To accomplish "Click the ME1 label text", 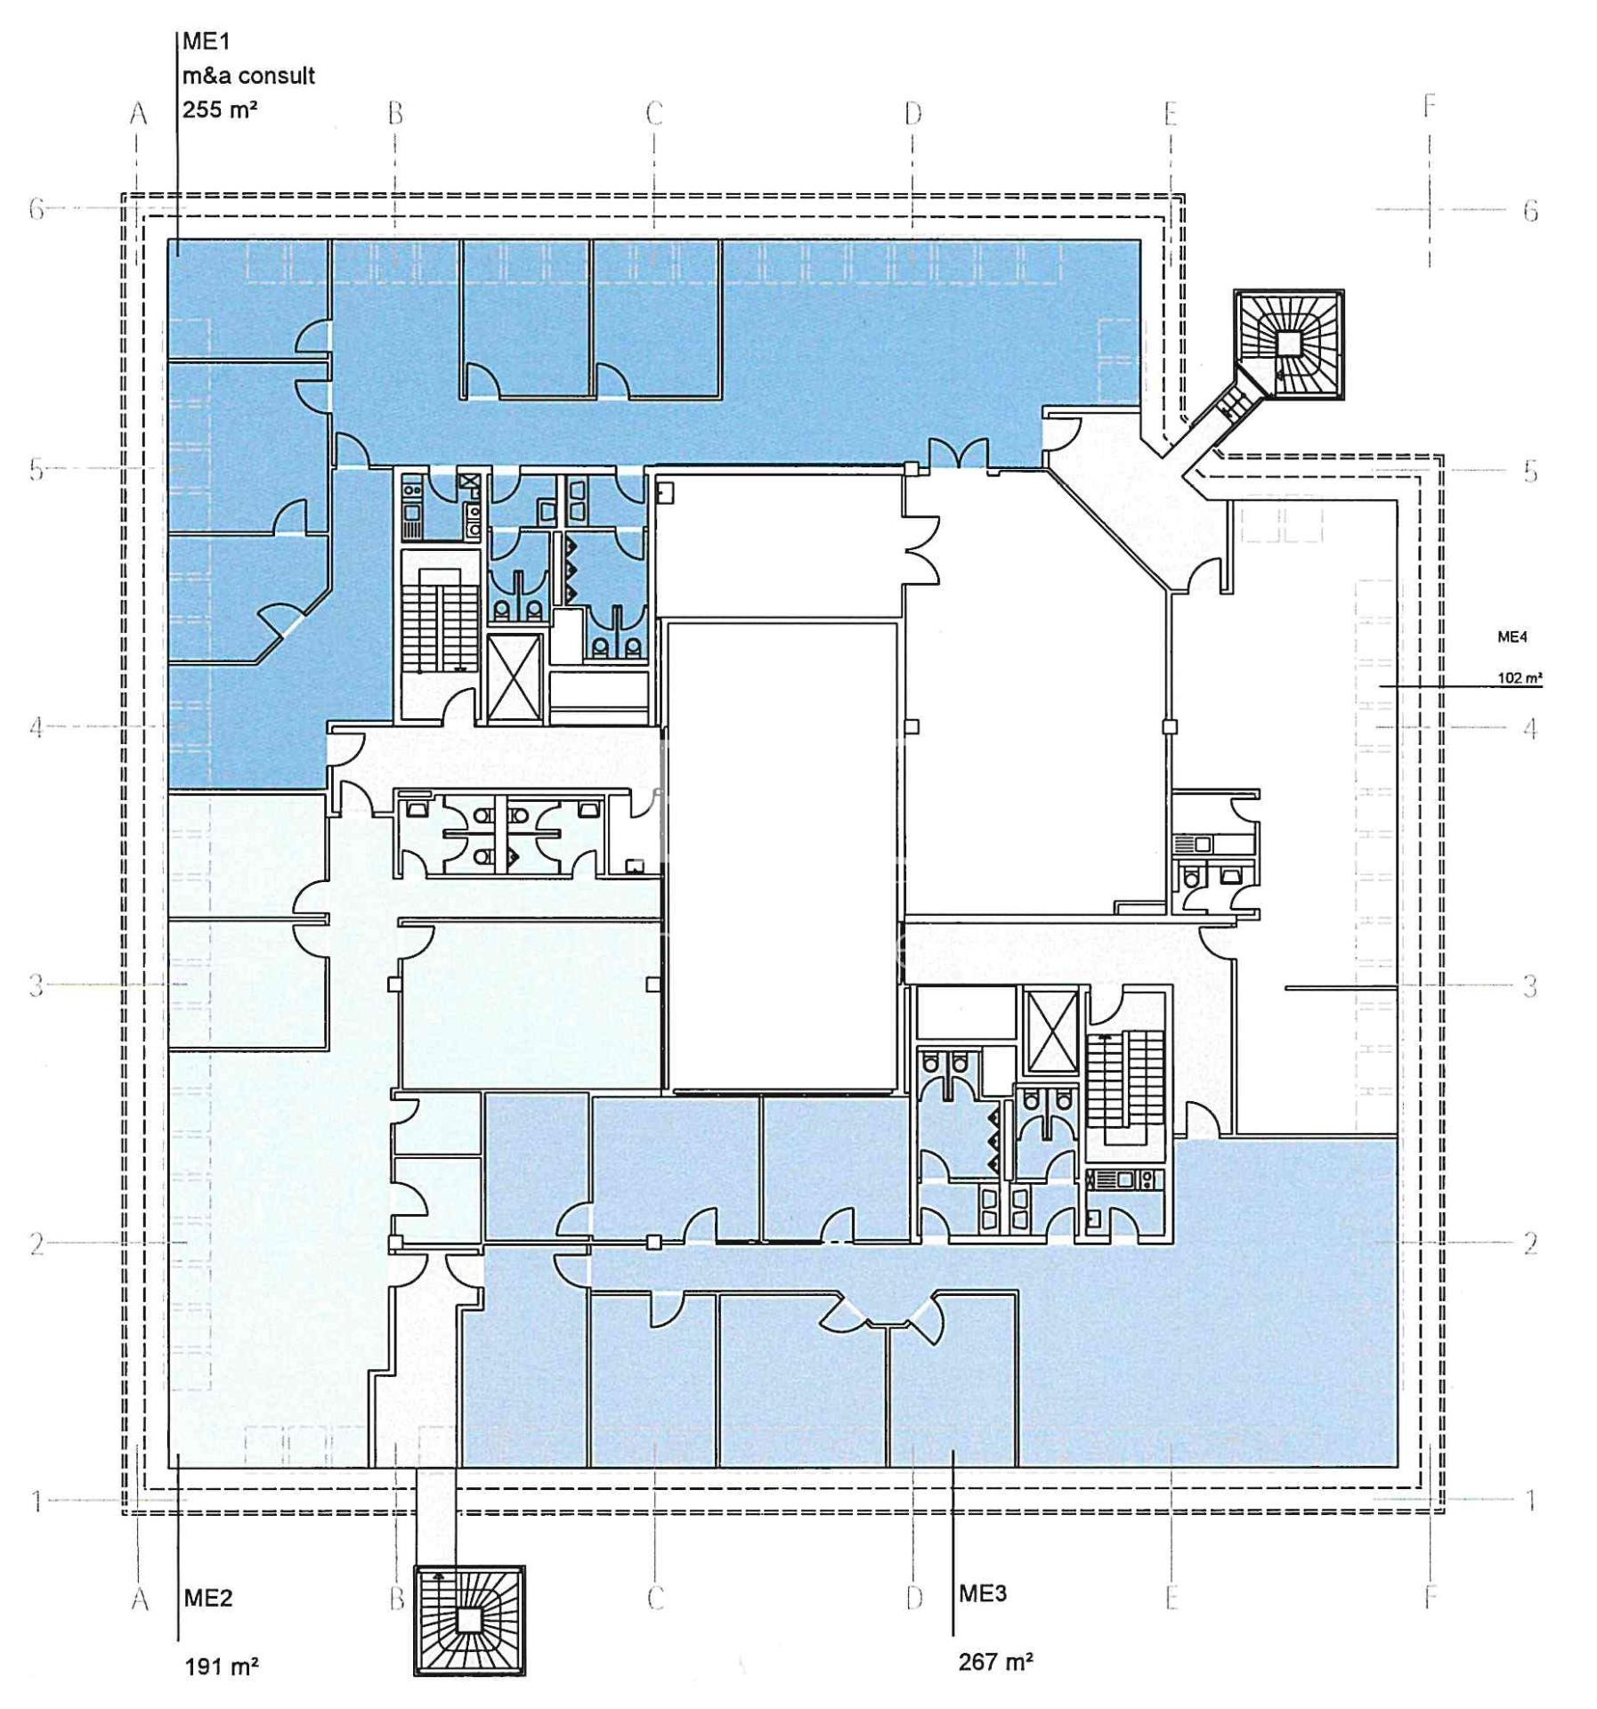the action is click(x=207, y=41).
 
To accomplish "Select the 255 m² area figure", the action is click(x=220, y=109).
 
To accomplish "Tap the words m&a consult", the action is click(x=248, y=76).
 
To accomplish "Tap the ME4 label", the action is click(x=1512, y=636).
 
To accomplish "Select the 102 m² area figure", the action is click(x=1520, y=677).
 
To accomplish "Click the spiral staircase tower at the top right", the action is click(x=1288, y=344).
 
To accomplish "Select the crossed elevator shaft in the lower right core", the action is click(x=1052, y=1031).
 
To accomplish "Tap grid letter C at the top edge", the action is click(x=654, y=113).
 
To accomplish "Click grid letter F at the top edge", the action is click(x=1430, y=106).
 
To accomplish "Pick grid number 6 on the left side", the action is click(x=36, y=209).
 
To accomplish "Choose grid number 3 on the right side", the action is click(x=1529, y=985).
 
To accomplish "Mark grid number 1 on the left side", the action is click(x=36, y=1501).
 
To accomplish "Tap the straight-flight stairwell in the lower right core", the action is click(x=1125, y=1088).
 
